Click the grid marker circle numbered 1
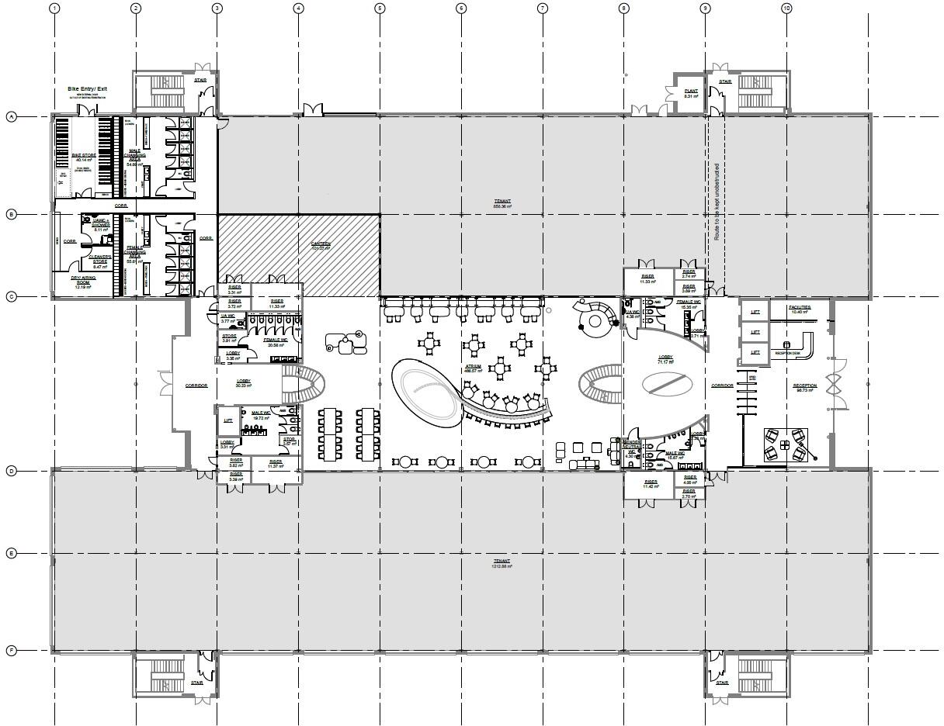54,9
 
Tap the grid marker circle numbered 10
786,9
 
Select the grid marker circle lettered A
11,117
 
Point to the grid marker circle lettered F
11,651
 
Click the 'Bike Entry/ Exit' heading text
87,89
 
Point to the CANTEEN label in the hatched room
321,245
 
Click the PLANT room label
691,93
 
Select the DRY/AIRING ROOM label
82,282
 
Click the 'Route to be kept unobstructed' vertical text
717,202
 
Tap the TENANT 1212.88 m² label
502,563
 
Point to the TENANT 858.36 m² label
502,204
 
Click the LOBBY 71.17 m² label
665,360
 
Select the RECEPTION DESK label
786,353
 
